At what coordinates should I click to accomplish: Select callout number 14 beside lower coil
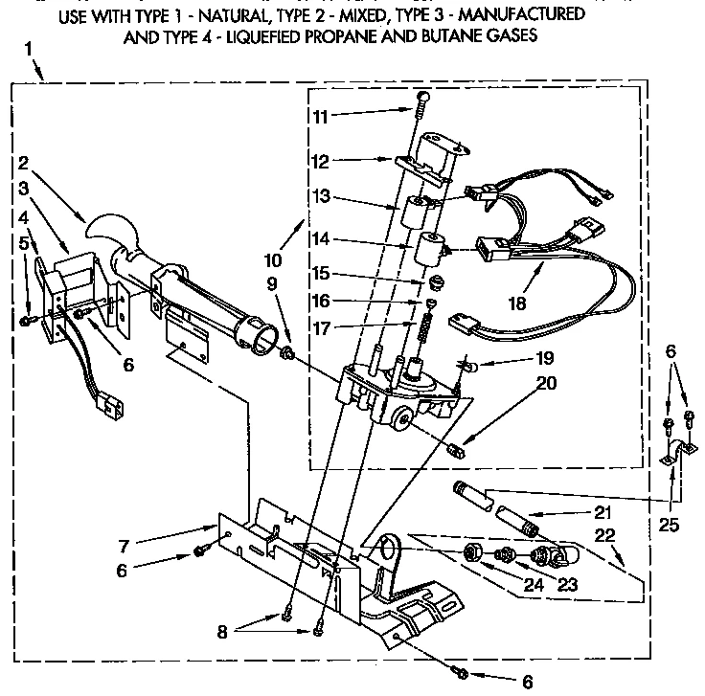point(322,237)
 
